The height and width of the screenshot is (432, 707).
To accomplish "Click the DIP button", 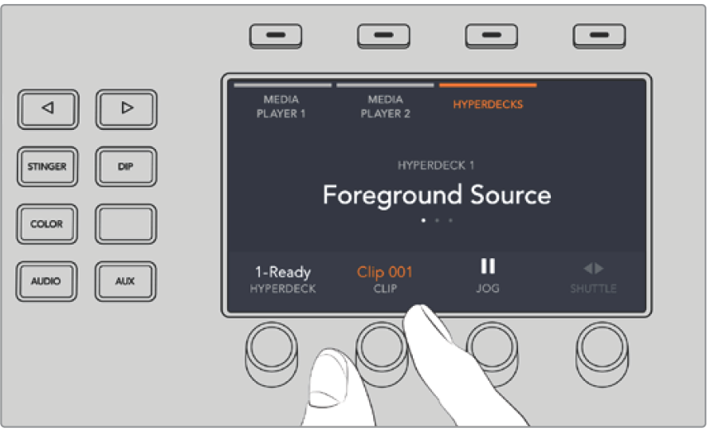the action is pos(126,167).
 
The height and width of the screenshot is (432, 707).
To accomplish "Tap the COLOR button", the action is pos(47,224).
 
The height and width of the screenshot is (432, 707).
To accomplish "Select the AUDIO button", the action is pos(46,281).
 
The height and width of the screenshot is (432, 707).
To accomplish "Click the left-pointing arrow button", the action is pos(49,109).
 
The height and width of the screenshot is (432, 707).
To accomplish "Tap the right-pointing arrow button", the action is pos(126,109).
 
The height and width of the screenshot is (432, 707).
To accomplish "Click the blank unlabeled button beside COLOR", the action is pos(126,224).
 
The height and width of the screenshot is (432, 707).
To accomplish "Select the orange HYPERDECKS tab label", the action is pos(488,104).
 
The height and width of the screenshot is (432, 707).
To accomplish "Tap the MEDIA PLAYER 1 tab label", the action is pos(281,107).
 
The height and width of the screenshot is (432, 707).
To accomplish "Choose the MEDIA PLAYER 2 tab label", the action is pos(385,107).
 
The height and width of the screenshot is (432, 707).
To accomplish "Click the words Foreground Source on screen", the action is pos(437,195).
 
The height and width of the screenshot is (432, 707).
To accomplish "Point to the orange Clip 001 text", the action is pos(385,272).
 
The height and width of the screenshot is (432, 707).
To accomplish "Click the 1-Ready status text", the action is pos(283,272).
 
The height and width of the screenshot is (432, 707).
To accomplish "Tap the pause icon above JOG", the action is pos(488,266).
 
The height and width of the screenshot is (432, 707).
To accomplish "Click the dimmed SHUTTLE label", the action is pos(593,289).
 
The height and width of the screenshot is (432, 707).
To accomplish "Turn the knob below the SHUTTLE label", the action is pos(602,353).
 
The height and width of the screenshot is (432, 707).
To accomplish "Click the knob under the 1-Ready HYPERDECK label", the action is pos(272,353).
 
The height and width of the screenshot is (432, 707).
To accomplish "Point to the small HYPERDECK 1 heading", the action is pos(435,166).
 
